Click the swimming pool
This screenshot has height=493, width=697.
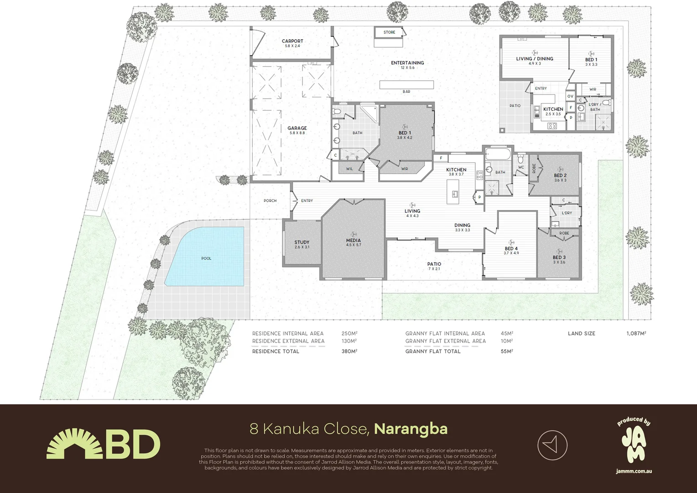(x=206, y=258)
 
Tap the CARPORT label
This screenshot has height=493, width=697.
(x=292, y=41)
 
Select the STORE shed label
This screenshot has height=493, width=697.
(x=389, y=32)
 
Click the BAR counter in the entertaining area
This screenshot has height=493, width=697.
(x=406, y=85)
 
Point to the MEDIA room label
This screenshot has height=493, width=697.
(x=353, y=241)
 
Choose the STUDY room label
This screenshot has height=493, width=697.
(x=302, y=242)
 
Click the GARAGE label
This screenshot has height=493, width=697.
(x=297, y=128)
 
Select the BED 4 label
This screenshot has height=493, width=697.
(x=511, y=249)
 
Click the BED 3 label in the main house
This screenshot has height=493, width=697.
(x=559, y=257)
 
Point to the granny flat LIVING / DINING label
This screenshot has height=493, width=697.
(x=535, y=59)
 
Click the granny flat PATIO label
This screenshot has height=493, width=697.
(x=515, y=106)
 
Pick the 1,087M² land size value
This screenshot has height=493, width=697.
(x=636, y=334)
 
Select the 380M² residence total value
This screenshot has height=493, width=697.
(x=349, y=351)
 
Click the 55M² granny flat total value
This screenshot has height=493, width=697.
(x=506, y=351)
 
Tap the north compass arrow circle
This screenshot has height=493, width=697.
(x=552, y=445)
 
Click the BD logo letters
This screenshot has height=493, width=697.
(x=133, y=445)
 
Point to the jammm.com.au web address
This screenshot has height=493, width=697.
(x=634, y=471)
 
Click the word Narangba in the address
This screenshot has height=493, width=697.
(x=411, y=429)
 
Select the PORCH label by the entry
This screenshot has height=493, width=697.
(x=270, y=201)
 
